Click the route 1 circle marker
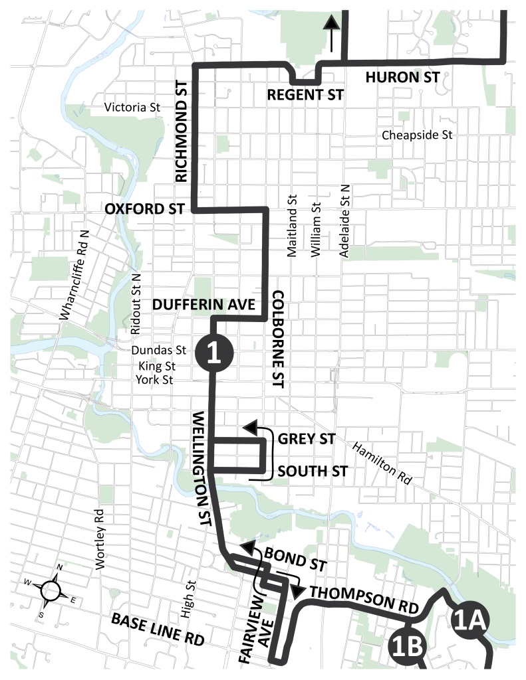pos(213,351)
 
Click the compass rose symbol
pos(53,588)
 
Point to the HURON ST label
pos(402,78)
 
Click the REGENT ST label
pos(305,95)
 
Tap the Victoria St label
pos(133,107)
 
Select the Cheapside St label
pos(417,135)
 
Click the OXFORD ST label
pos(144,209)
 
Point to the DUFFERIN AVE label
pos(204,305)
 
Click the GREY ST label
pos(307,439)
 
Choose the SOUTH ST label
pos(313,471)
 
